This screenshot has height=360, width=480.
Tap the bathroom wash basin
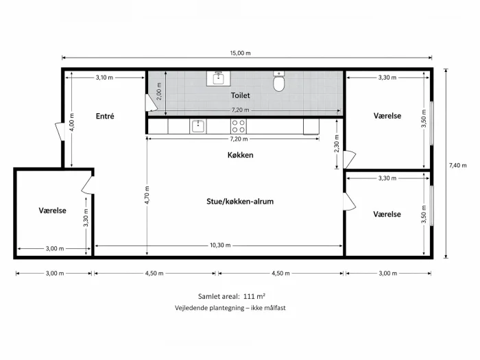click(x=218, y=78)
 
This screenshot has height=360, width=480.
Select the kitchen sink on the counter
click(x=197, y=126)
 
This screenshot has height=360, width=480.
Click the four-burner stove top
click(x=239, y=126)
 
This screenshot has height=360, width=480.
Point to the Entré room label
click(x=105, y=117)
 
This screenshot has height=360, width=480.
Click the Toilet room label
click(x=240, y=95)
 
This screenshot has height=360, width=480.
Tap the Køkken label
click(x=240, y=155)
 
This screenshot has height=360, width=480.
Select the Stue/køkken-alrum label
click(x=240, y=202)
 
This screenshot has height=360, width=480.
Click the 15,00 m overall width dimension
click(x=240, y=53)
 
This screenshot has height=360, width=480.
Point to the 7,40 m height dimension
click(x=457, y=166)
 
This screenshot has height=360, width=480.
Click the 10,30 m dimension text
click(x=220, y=245)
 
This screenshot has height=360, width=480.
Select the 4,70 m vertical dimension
click(x=147, y=195)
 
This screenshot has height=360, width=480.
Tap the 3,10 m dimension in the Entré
click(x=104, y=77)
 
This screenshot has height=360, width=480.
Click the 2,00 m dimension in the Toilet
click(x=159, y=91)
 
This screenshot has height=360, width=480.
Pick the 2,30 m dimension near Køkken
click(x=337, y=143)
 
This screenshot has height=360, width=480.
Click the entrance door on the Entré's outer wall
click(x=60, y=132)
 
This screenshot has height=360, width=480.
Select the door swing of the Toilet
click(x=151, y=103)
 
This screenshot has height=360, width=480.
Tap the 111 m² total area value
click(x=254, y=296)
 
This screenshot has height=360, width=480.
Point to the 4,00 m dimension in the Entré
click(x=71, y=123)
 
